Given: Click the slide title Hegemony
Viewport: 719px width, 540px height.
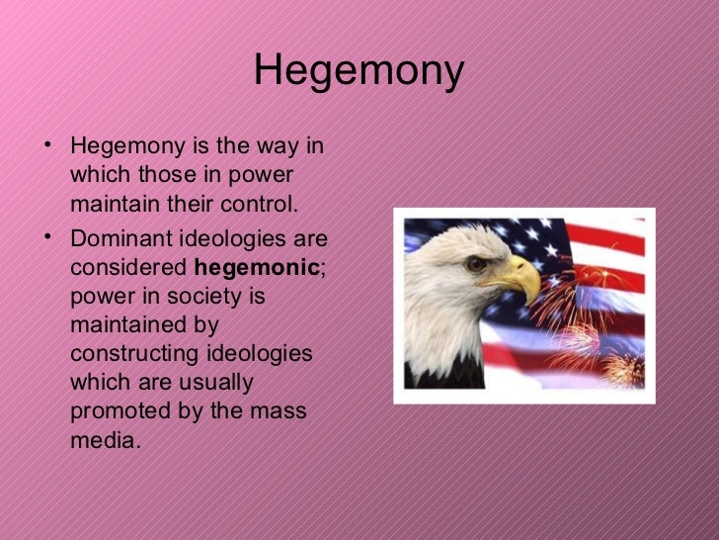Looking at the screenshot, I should [x=359, y=71].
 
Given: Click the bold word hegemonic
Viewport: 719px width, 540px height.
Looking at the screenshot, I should [x=257, y=267].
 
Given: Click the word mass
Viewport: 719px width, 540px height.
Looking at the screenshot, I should [x=280, y=410].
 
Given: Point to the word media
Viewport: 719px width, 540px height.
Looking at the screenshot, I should [x=103, y=439].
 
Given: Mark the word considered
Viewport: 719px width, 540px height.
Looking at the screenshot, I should [x=128, y=267].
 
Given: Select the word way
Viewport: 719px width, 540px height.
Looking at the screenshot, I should [x=276, y=146].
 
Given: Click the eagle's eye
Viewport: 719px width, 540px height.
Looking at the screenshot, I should [x=477, y=264].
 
